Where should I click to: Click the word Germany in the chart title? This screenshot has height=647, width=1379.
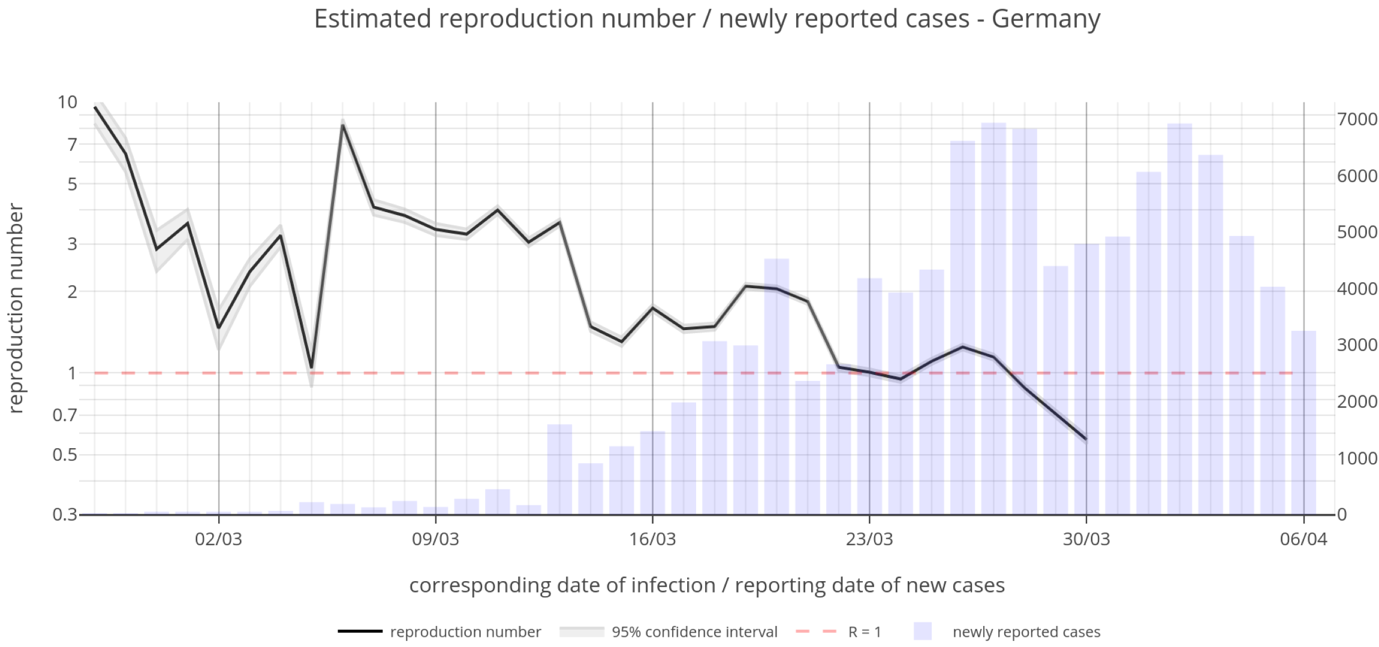(x=1046, y=19)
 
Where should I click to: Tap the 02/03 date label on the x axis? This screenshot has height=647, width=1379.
(x=218, y=539)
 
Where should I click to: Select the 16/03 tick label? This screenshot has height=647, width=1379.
(x=652, y=539)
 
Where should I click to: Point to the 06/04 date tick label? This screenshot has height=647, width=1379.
(x=1303, y=539)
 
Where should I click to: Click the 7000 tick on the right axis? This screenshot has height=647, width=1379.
(x=1357, y=119)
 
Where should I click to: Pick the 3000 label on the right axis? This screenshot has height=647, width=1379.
(x=1357, y=345)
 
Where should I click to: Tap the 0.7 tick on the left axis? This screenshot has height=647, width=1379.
(x=65, y=415)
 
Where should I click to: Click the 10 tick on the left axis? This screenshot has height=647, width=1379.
(x=67, y=102)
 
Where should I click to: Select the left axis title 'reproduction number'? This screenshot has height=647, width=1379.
(x=16, y=309)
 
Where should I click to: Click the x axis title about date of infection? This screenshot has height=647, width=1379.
(x=707, y=585)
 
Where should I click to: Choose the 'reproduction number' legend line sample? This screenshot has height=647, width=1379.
(x=360, y=631)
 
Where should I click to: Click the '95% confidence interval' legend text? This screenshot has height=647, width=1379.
(x=694, y=632)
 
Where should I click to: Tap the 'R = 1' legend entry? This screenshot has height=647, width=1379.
(x=864, y=632)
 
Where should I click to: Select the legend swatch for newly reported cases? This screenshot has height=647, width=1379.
(x=923, y=631)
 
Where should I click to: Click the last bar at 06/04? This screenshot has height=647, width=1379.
(x=1303, y=422)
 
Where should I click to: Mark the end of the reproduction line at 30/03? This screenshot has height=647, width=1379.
(x=1086, y=439)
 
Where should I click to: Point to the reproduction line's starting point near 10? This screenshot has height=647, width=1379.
(x=95, y=108)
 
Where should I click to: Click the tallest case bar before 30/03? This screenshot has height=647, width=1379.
(x=993, y=318)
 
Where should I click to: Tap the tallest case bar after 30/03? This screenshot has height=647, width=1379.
(x=1179, y=318)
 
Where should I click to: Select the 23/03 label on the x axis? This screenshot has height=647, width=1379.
(x=869, y=539)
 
